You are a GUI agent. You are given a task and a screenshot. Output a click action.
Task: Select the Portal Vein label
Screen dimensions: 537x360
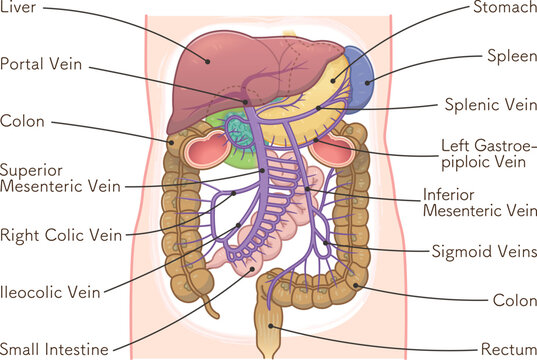42,64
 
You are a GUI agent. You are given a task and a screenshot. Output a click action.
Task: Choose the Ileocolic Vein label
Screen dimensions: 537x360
50,293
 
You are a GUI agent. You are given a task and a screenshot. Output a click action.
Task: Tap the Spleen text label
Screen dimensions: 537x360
510,55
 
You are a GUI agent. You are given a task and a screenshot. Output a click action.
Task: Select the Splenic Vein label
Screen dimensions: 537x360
489,104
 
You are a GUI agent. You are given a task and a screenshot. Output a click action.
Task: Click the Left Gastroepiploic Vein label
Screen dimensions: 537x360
482,153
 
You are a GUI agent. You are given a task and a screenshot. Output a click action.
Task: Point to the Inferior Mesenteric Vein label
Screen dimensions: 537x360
479,202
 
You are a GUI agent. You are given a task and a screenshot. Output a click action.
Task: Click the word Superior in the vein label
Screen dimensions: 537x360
32,169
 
